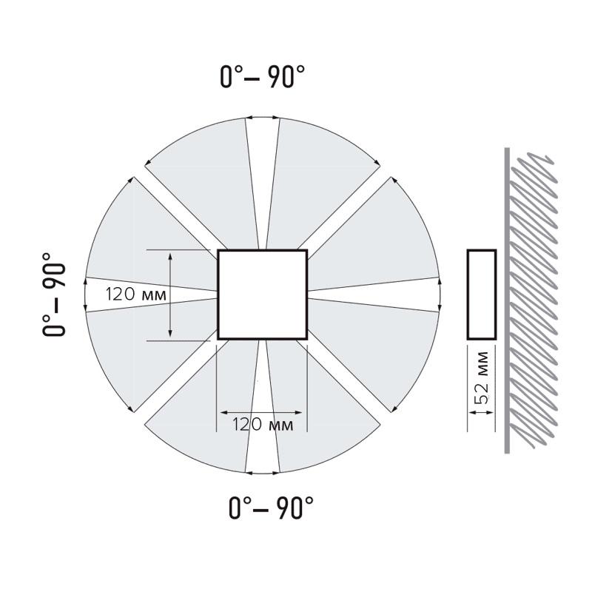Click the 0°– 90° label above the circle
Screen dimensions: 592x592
(x=263, y=77)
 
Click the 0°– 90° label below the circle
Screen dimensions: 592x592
(x=271, y=508)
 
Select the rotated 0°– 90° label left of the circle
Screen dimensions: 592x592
(x=53, y=295)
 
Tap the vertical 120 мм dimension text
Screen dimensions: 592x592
(x=135, y=294)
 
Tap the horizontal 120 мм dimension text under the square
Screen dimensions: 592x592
(x=263, y=424)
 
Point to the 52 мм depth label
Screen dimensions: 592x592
(x=482, y=377)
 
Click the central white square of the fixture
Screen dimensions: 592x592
(x=263, y=295)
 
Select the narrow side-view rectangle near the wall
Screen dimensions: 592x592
(x=482, y=295)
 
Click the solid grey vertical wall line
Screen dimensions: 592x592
(x=507, y=300)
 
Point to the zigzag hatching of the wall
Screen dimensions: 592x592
(x=533, y=300)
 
